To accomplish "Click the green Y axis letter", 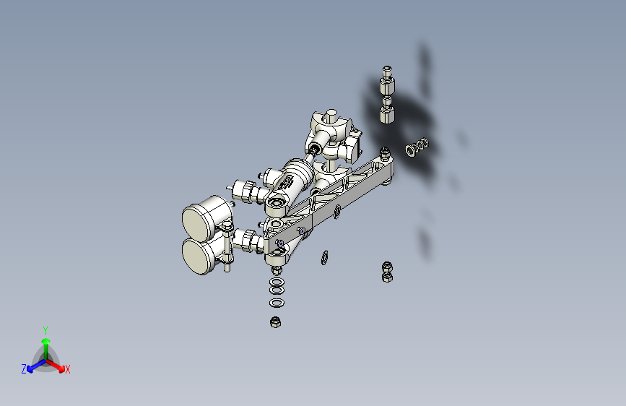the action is click(45, 330).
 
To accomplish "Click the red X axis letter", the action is click(67, 369).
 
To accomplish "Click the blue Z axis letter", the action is click(24, 369).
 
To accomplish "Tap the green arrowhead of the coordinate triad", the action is click(46, 342).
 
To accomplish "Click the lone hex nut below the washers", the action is click(276, 321).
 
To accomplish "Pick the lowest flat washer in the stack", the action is click(277, 303).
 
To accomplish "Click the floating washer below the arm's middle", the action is click(325, 258).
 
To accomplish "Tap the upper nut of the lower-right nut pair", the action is click(387, 267).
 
